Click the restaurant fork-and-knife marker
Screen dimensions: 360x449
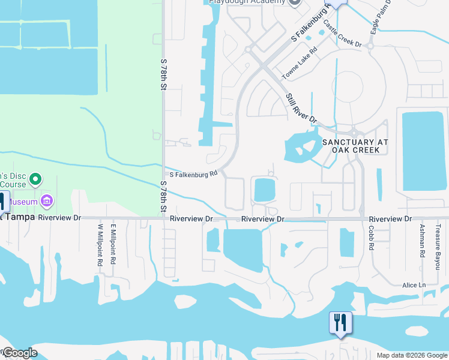pos(340,323)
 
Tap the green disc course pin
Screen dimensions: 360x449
pos(35,179)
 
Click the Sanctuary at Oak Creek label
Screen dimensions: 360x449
pos(355,146)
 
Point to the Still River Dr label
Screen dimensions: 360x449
pos(300,109)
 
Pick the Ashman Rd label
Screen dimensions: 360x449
pos(423,237)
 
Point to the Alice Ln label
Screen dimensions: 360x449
pos(414,285)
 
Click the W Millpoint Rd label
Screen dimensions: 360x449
pos(100,245)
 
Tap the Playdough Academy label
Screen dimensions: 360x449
pos(247,2)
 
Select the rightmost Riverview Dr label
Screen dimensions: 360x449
pos(391,219)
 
